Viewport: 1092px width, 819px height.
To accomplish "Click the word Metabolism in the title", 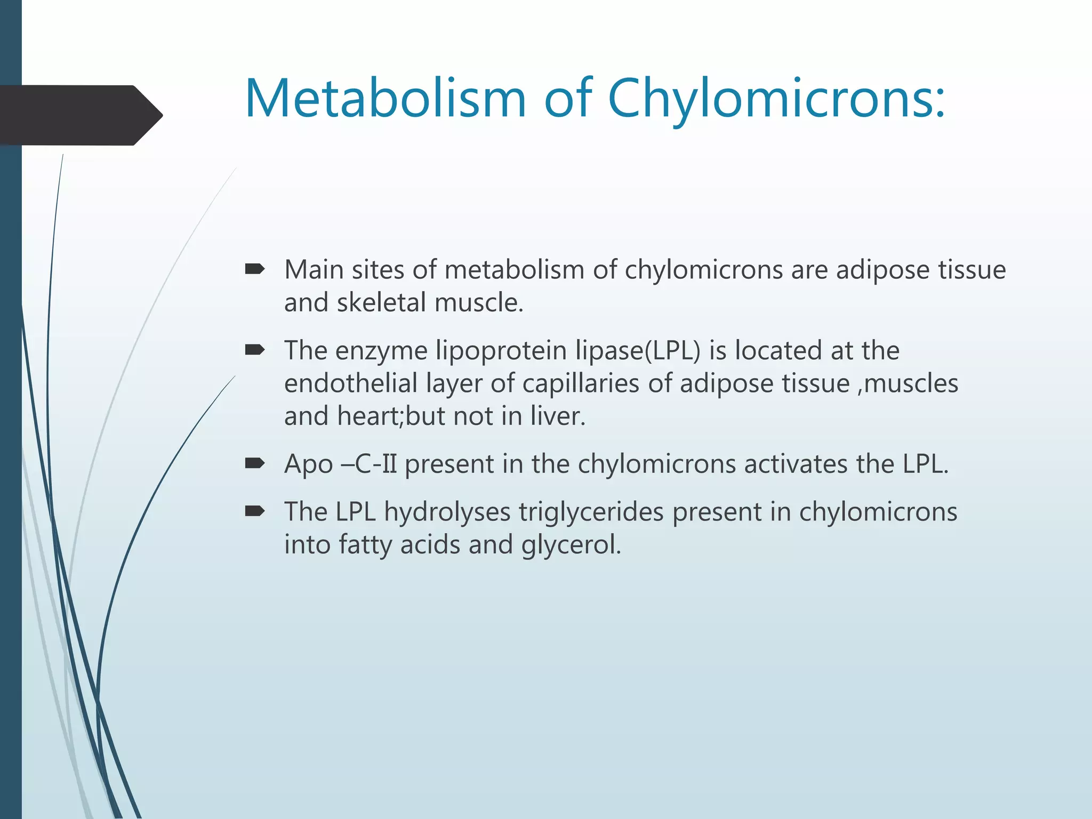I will click(386, 98).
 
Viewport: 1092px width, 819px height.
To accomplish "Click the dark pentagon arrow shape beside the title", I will click(80, 115).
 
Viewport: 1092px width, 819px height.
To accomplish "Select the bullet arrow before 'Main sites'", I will click(254, 269).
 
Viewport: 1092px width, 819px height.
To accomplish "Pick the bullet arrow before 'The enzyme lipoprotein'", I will click(254, 350).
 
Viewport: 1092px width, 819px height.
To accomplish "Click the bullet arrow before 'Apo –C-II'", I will click(254, 463).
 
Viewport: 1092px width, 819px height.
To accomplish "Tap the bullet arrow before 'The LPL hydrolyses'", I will click(254, 511).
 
